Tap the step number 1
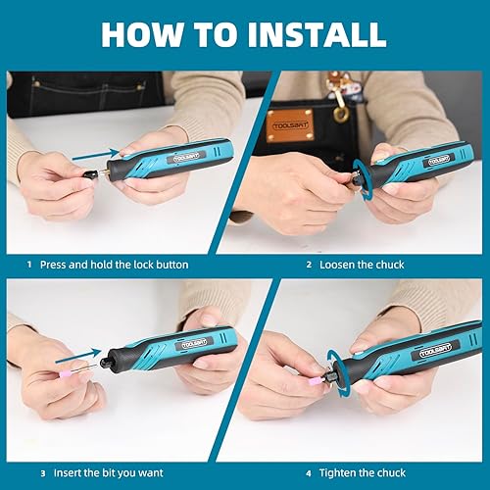point(29,265)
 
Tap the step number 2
point(309,265)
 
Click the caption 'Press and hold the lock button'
point(115,265)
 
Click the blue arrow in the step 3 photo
point(85,356)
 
